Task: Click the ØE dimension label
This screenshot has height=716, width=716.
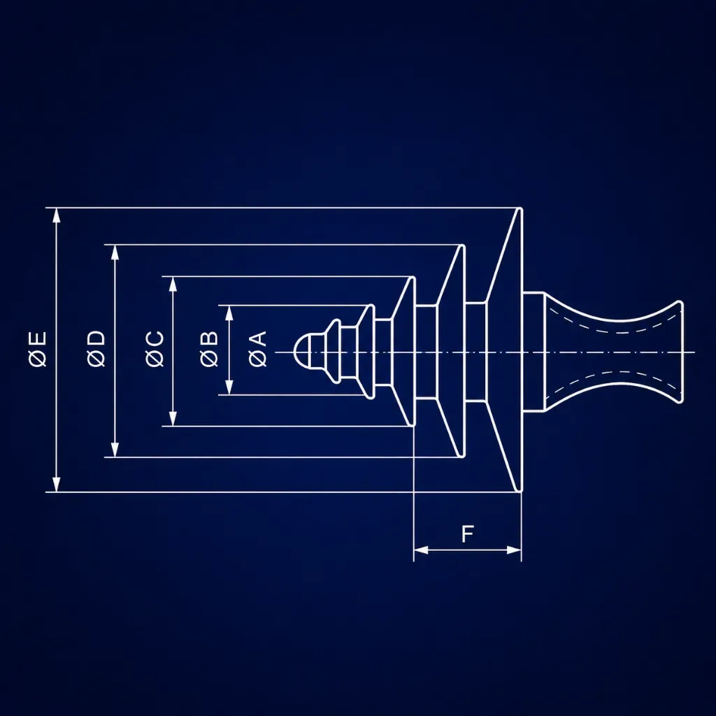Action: tap(38, 350)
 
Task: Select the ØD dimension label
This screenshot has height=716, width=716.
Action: tap(96, 350)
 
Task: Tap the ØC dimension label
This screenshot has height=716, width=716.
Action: tap(155, 350)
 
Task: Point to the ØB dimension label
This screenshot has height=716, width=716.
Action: tap(209, 350)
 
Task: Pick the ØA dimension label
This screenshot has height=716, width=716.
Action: tap(258, 350)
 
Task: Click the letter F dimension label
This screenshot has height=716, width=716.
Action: tap(467, 534)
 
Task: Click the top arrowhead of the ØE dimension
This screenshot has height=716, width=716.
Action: tap(56, 215)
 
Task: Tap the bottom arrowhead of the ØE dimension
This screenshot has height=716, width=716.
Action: tap(56, 485)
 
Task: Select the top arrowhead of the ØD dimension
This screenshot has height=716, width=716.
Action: tap(115, 252)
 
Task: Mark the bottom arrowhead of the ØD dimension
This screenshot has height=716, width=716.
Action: tap(115, 450)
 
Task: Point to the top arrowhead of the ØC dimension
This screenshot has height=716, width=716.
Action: tap(173, 284)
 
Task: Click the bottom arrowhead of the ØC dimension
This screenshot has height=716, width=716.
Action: tap(173, 418)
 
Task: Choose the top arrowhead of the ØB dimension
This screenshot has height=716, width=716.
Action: tap(229, 313)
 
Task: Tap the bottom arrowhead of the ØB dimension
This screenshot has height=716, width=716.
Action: tap(229, 387)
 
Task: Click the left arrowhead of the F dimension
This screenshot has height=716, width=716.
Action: tap(421, 550)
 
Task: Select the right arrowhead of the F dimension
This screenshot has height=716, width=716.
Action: tap(514, 550)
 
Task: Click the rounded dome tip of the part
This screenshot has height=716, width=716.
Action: tap(302, 352)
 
